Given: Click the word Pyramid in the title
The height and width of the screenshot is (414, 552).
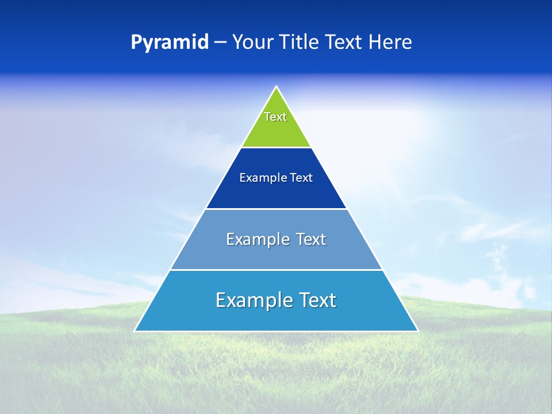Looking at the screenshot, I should click(x=169, y=43).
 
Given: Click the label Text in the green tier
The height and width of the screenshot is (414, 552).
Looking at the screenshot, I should click(x=275, y=117).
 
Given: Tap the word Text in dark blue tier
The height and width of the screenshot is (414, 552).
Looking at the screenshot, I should click(x=301, y=178).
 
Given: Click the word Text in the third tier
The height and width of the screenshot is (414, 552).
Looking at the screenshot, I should click(x=311, y=239).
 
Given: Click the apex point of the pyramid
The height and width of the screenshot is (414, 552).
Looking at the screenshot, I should click(x=277, y=87).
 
